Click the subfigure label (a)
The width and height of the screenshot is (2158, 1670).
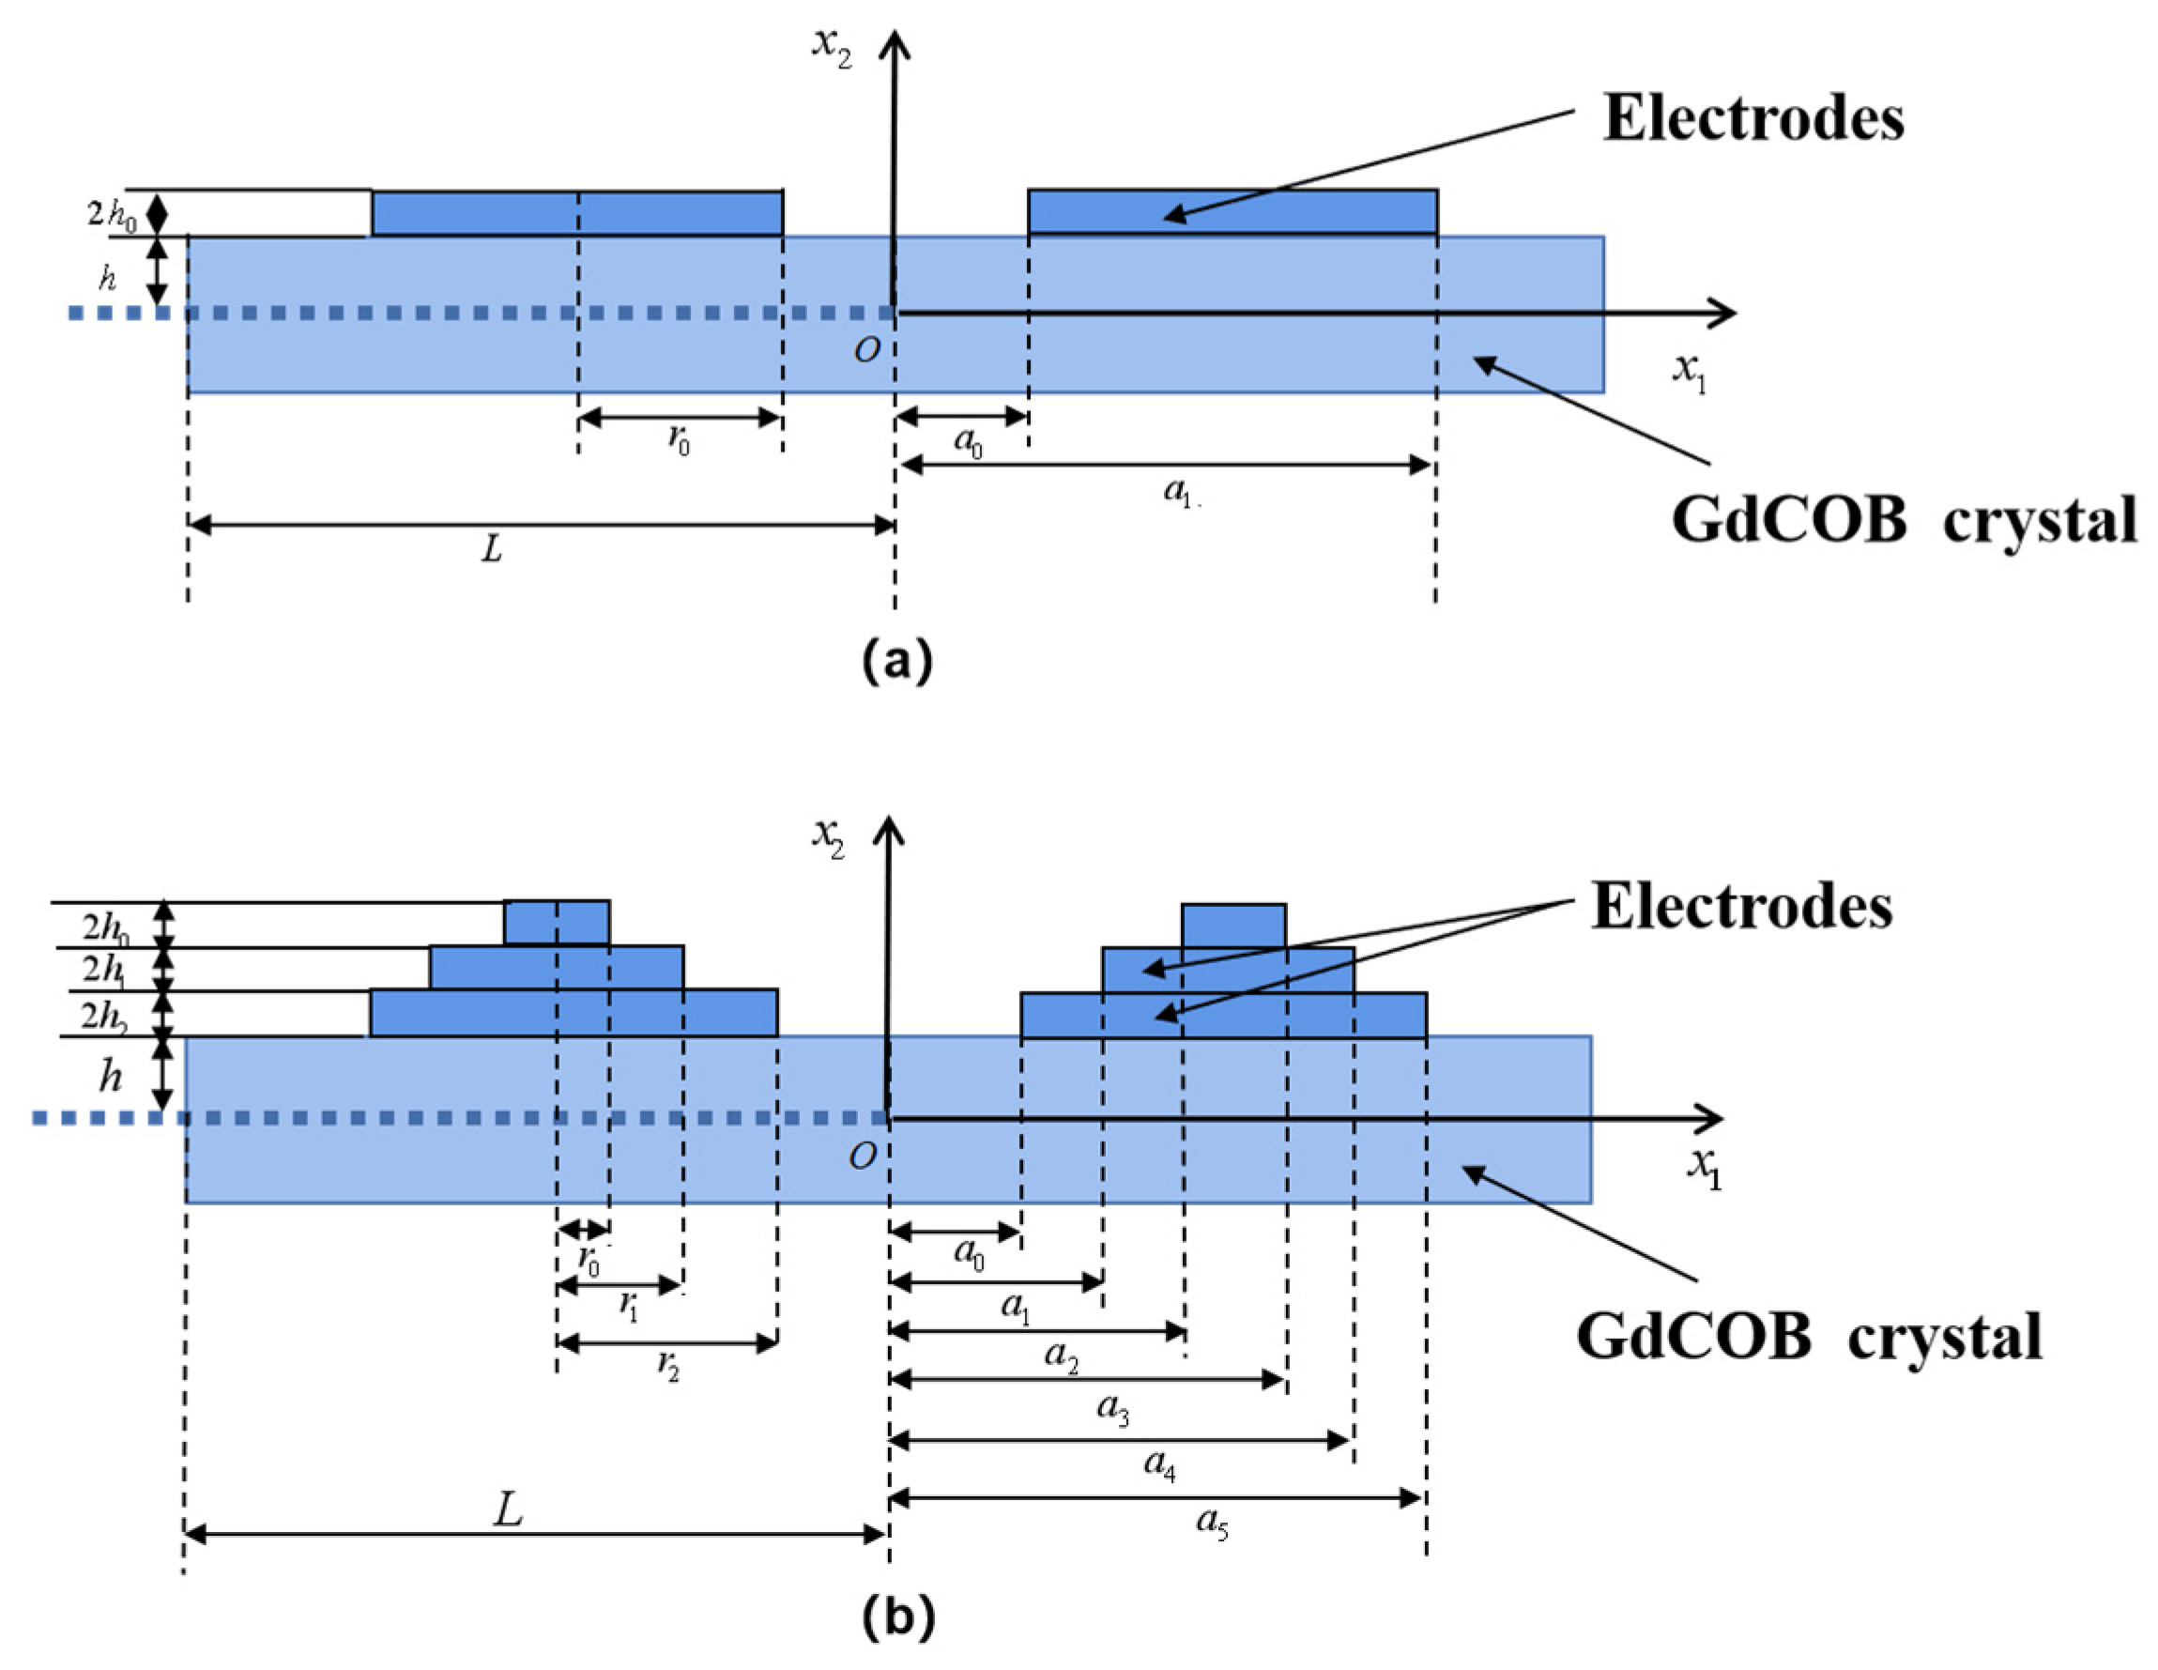tap(896, 660)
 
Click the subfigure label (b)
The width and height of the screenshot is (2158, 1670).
tap(897, 1616)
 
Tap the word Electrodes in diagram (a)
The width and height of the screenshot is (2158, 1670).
tap(1752, 118)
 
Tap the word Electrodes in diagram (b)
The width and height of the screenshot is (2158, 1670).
tap(1741, 906)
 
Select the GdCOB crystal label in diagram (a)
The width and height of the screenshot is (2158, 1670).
tap(1903, 520)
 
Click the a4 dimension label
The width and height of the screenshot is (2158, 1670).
tap(1160, 1463)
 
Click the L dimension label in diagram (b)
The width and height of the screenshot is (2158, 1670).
tap(508, 1509)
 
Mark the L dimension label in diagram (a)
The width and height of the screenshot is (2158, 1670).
tap(492, 549)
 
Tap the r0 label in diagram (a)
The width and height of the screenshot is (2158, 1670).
tap(679, 439)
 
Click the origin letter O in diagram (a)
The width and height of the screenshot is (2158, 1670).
tap(866, 351)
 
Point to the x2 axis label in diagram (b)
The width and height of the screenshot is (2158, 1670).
tap(828, 837)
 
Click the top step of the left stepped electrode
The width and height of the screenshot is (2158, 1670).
tap(557, 923)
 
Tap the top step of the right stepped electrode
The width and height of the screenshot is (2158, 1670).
tap(1233, 926)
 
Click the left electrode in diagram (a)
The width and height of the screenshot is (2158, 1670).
tap(577, 212)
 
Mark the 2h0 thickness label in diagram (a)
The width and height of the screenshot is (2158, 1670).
tap(111, 213)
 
